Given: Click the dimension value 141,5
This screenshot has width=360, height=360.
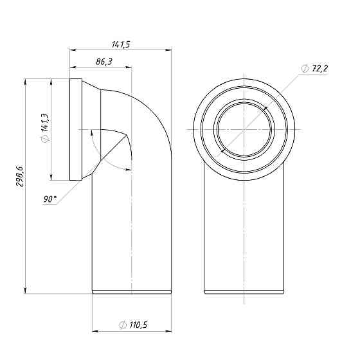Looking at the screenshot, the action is (121, 44).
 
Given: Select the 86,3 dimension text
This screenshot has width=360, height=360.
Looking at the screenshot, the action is (104, 62).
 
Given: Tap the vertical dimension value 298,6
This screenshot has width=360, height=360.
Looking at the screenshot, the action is (19, 177).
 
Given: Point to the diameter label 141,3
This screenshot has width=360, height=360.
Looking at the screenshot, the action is (44, 122).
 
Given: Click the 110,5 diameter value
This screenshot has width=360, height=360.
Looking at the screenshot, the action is (138, 325).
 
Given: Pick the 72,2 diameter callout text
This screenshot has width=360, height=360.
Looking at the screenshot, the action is (320, 68).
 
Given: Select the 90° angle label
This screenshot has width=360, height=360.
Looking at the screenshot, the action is (50, 199).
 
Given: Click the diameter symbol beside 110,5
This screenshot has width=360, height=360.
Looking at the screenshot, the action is (123, 325).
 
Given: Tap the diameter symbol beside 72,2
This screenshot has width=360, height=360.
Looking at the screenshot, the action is (305, 69).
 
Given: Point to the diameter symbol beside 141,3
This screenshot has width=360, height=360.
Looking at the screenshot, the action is (45, 138).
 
